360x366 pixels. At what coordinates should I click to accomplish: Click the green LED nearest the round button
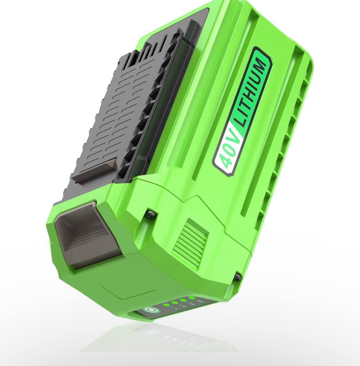point(165,305)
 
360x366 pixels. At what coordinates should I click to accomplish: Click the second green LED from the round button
point(174,303)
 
